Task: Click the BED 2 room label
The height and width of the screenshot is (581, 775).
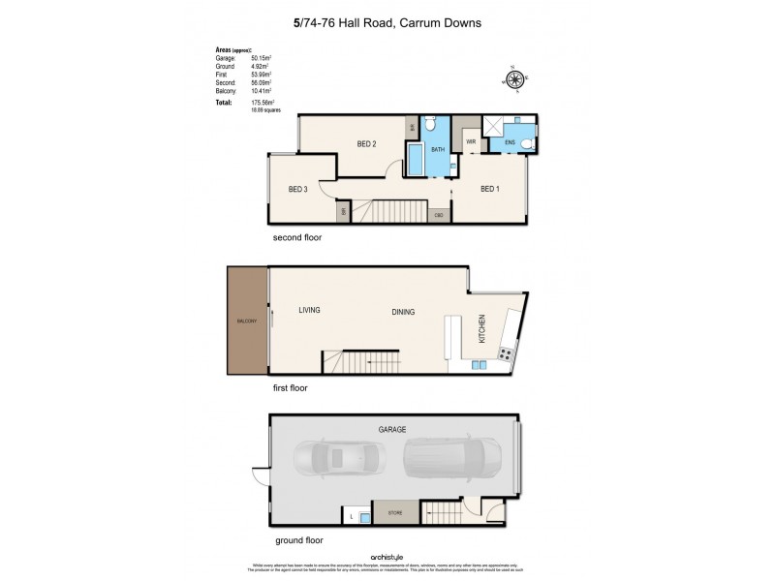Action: coord(365,144)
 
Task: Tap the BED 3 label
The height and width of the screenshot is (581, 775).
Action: coord(297,190)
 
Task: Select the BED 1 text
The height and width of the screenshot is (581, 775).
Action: coord(489,189)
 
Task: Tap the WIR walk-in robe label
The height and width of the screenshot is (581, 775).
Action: coord(471,142)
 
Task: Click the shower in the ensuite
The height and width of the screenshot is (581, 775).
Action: coord(492,126)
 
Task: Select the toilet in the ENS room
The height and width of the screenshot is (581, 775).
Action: coord(526,144)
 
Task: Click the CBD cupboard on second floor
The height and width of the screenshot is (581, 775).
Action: coord(439,215)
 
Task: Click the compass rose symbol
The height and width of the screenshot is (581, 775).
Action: coord(515,79)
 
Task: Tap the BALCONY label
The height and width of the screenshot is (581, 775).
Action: coord(247,321)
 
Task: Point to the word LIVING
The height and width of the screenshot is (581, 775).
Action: coord(309,310)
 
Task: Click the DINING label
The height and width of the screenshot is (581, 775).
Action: coord(403,313)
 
